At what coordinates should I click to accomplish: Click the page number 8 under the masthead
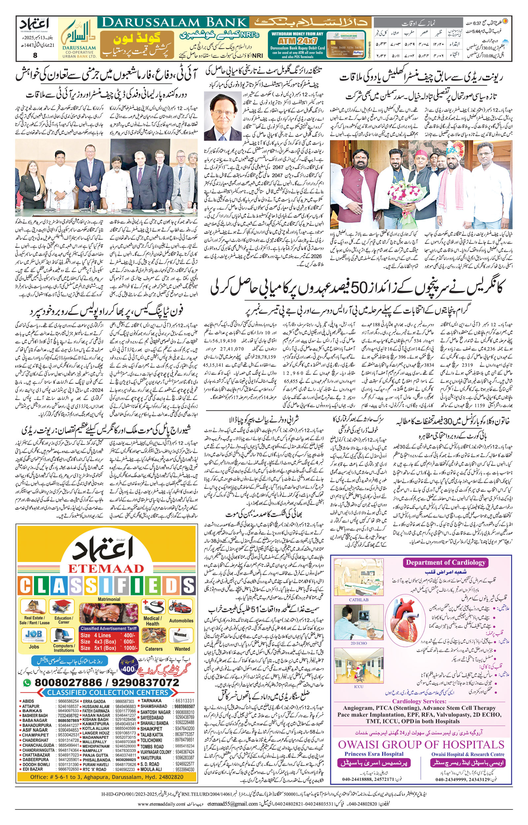click(35, 55)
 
